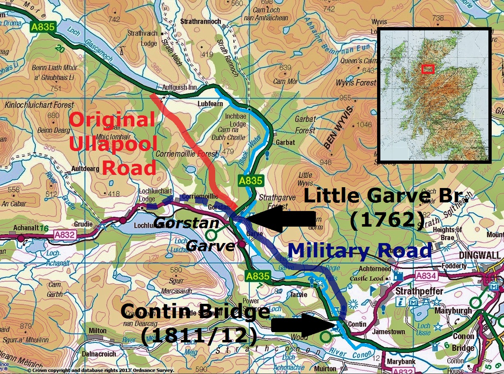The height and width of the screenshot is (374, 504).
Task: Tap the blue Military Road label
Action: click(x=359, y=250)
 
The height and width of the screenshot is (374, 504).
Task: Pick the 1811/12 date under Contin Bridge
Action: click(x=199, y=336)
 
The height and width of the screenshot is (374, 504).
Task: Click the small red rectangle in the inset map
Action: click(x=428, y=69)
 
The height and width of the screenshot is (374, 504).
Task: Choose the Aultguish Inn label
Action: click(x=180, y=88)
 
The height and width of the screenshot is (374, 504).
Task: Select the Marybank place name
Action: click(x=401, y=362)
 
